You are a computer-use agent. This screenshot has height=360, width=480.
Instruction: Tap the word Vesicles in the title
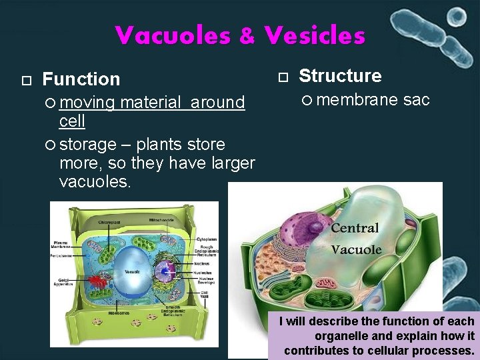point(314,35)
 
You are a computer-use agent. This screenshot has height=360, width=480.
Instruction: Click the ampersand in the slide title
point(247,36)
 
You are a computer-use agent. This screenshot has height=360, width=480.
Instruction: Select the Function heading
point(81,79)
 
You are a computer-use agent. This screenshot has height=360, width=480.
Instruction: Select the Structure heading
point(340,76)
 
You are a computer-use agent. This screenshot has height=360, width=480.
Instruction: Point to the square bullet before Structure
point(282,77)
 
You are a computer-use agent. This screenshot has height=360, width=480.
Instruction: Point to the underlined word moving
point(87,103)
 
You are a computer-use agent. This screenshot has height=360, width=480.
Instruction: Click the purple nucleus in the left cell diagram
point(165,272)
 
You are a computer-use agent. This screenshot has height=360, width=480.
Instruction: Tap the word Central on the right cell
point(355,228)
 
